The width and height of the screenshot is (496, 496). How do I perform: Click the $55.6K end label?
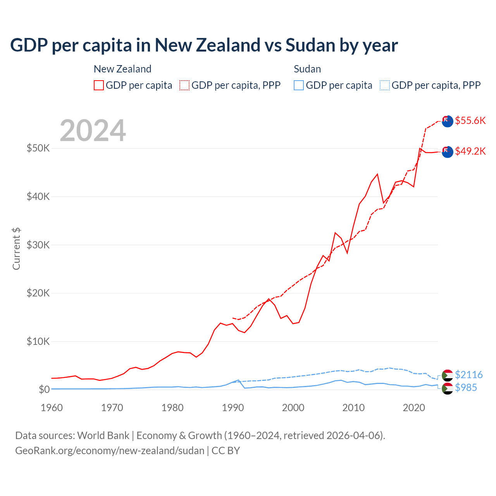[x=470, y=121]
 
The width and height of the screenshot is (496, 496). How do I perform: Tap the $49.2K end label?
[x=470, y=151]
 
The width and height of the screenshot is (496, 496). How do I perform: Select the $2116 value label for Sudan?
[x=468, y=375]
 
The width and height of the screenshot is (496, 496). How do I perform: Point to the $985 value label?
[x=466, y=387]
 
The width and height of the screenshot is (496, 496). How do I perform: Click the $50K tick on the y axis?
[x=38, y=148]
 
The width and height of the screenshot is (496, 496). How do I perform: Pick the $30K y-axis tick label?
[x=38, y=245]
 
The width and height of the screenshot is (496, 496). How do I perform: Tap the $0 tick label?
[x=44, y=389]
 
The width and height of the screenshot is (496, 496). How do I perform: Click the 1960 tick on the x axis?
[x=52, y=408]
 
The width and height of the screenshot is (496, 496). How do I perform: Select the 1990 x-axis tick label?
[x=233, y=408]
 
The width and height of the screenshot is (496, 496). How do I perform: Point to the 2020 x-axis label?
[x=414, y=408]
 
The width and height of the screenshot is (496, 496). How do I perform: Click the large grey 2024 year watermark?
[x=93, y=131]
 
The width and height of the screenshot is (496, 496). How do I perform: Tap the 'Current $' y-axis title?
[x=16, y=249]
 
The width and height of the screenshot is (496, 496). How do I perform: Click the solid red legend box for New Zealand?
[x=99, y=85]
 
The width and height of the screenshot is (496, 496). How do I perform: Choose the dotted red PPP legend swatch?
[x=184, y=85]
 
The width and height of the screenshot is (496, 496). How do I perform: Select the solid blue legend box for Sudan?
[x=299, y=85]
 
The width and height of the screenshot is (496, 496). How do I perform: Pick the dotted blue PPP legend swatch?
[x=385, y=85]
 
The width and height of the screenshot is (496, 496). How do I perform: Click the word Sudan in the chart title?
[x=310, y=45]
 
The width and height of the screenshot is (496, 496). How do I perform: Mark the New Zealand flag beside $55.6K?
[x=447, y=121]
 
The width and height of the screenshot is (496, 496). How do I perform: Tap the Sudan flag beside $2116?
[x=447, y=375]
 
